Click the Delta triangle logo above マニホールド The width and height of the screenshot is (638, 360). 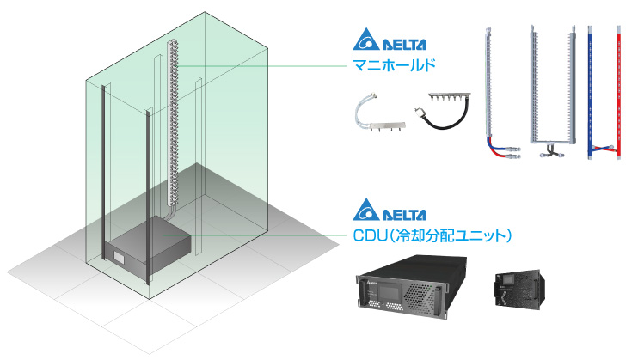(366, 40)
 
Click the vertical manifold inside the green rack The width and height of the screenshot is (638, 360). (170, 112)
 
